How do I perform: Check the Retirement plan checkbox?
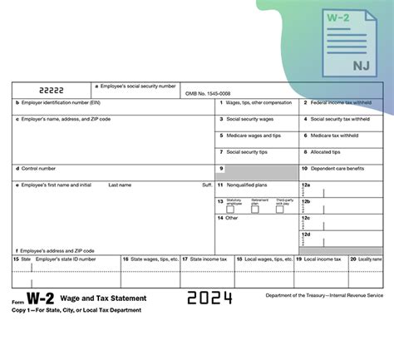click(255, 209)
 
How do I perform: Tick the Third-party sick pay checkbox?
click(280, 209)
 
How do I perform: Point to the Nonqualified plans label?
click(250, 185)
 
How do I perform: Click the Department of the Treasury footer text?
click(325, 295)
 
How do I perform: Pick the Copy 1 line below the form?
click(76, 309)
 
